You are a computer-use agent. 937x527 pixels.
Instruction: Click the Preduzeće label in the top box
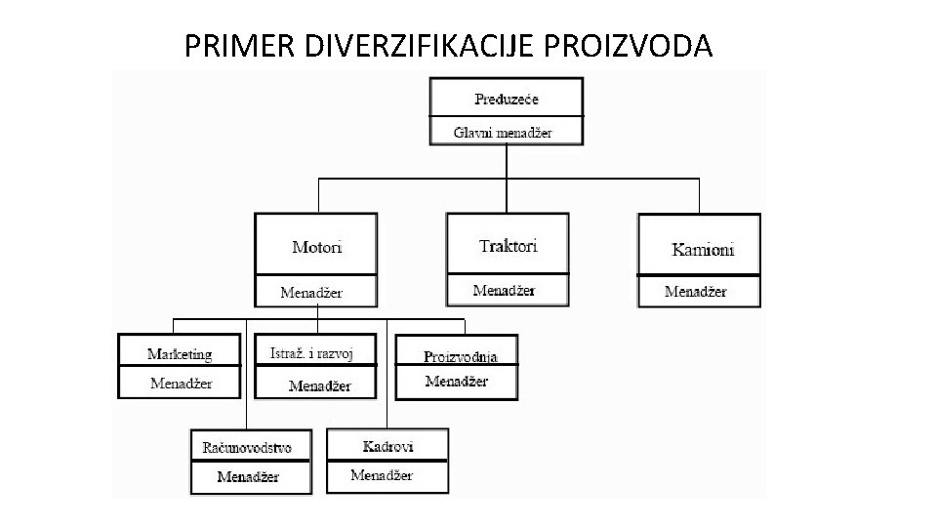pos(507,99)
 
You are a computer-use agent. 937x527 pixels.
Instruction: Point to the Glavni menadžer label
pos(504,132)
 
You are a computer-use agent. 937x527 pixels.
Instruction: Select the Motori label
pos(317,247)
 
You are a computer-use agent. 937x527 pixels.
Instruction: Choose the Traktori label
pos(509,245)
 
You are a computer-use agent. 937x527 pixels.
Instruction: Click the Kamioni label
pos(703,249)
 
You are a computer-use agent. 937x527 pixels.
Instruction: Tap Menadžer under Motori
pos(311,292)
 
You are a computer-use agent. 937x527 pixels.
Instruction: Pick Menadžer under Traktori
pos(504,290)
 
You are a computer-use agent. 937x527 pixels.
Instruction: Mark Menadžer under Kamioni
pos(696,291)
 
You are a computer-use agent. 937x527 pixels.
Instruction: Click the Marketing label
pos(180,353)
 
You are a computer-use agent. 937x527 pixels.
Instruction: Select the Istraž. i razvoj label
pos(311,353)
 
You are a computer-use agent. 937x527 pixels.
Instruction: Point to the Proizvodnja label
pos(461,357)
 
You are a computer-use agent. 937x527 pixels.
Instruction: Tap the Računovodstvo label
pos(247,447)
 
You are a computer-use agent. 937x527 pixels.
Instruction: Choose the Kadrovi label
pos(387,446)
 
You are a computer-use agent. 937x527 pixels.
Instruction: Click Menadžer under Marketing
pos(181,383)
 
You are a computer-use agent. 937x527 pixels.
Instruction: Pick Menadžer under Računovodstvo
pos(248,476)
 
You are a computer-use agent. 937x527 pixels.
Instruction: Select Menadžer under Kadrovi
pos(382,475)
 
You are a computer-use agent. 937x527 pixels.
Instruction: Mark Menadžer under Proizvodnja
pos(457,381)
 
